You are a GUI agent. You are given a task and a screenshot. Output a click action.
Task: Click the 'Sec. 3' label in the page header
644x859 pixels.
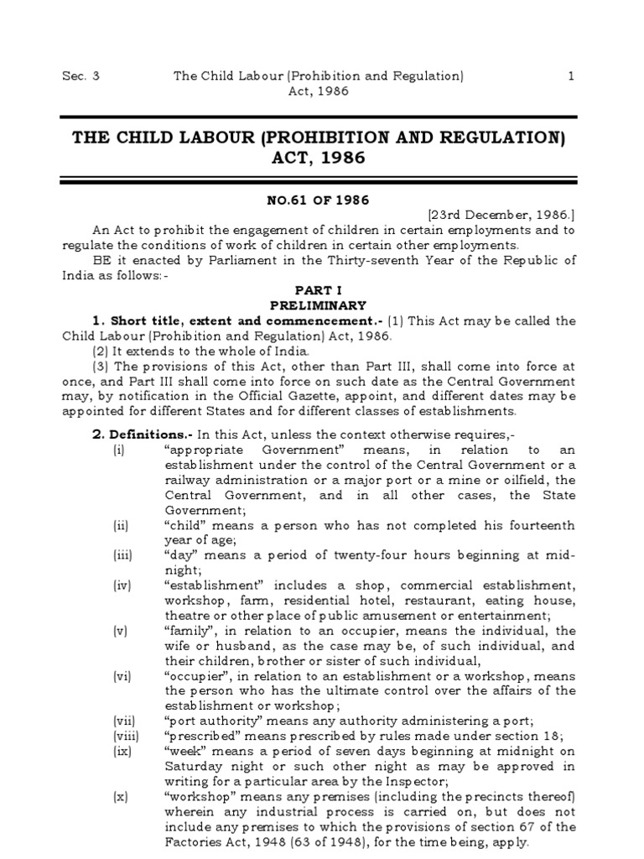pyautogui.click(x=80, y=75)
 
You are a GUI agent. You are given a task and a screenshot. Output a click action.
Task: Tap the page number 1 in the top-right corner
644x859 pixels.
pyautogui.click(x=571, y=75)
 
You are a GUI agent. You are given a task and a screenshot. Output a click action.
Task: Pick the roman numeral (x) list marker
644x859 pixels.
pyautogui.click(x=122, y=797)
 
